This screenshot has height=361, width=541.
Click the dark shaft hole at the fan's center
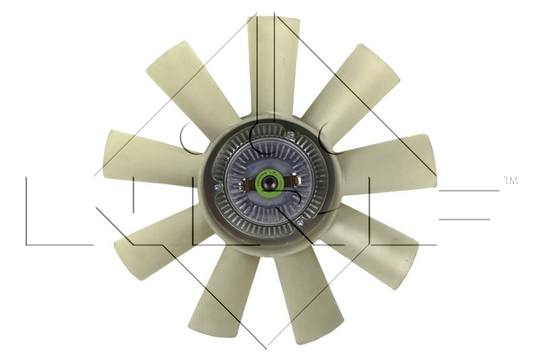(270, 182)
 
